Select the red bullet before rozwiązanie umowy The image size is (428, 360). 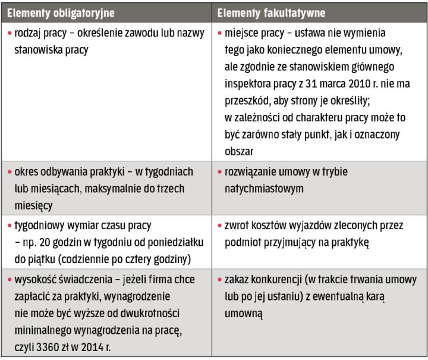pos(219,172)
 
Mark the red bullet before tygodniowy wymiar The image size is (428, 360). pos(10,226)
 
